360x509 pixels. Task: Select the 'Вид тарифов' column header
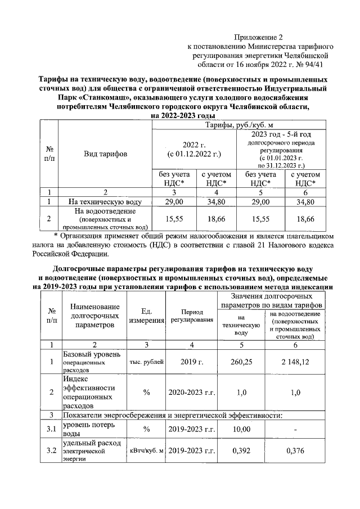(105, 153)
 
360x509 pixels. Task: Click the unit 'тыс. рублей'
(146, 363)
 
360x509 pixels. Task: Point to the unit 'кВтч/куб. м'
(146, 451)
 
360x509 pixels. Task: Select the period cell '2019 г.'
(192, 363)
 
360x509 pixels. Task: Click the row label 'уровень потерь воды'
(91, 430)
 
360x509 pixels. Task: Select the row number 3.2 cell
(51, 451)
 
